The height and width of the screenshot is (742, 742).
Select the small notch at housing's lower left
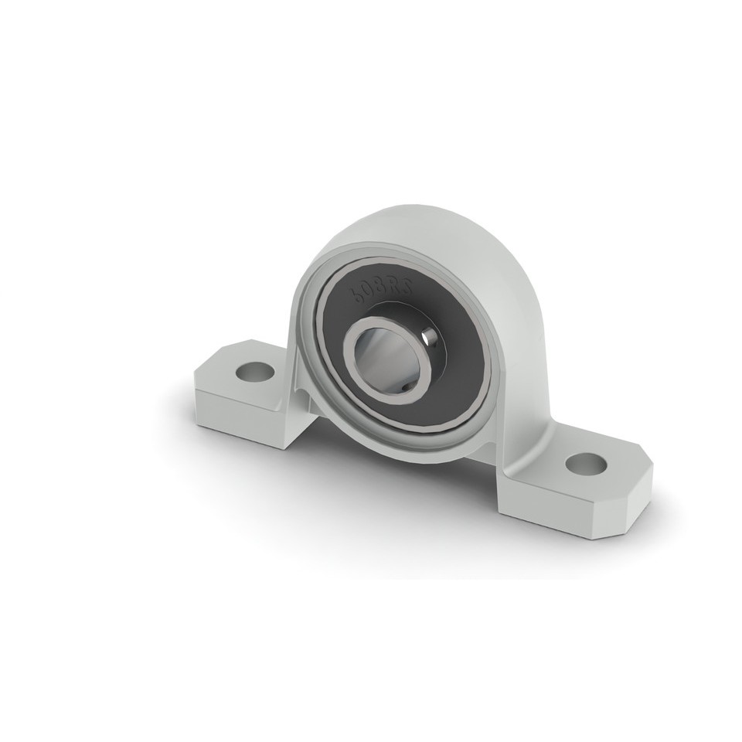coord(307,399)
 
